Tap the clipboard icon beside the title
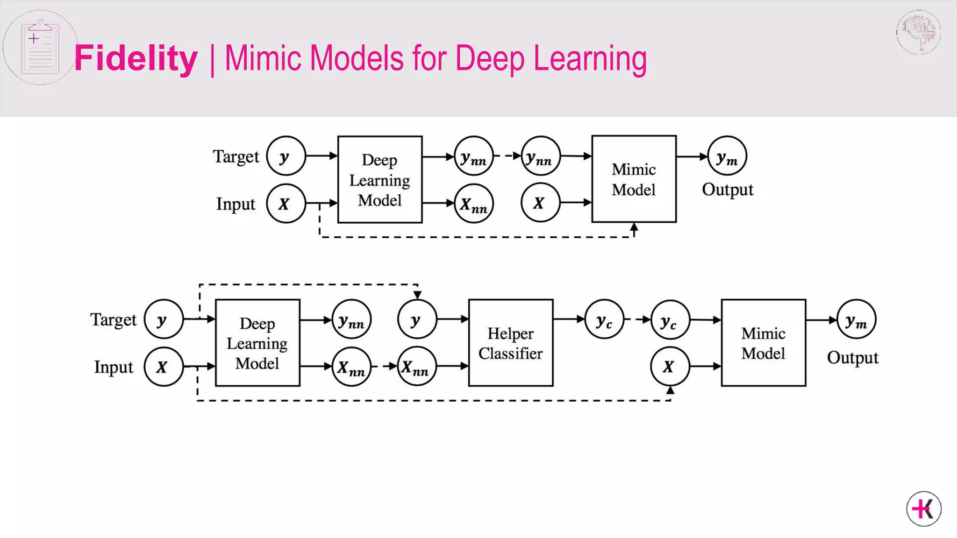[x=40, y=47]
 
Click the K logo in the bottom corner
[x=923, y=509]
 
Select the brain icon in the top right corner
[x=919, y=32]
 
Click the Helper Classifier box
[x=510, y=343]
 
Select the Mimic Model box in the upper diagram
[x=634, y=179]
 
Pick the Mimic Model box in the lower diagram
[x=763, y=343]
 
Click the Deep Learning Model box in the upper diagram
[x=379, y=180]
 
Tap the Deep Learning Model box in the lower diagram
[x=257, y=343]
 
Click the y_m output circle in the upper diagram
[x=727, y=156]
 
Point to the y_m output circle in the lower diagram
[x=856, y=319]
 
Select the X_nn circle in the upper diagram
[x=473, y=204]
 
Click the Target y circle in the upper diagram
[x=286, y=156]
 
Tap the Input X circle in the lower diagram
[x=163, y=367]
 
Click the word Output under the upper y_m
[x=728, y=190]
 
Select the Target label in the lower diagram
[x=113, y=320]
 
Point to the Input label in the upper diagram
[x=236, y=204]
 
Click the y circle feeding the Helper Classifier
[x=417, y=320]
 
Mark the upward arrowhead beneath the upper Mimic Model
[x=634, y=227]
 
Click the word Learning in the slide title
[x=590, y=58]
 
